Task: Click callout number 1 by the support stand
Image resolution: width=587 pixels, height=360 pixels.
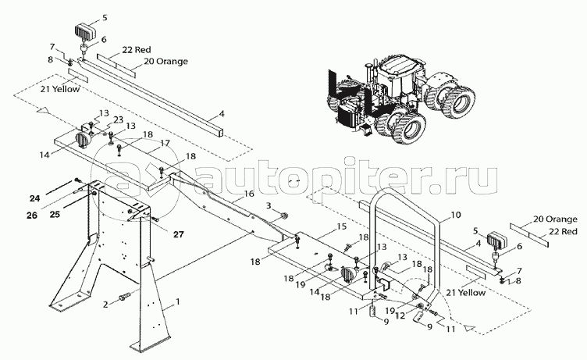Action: tap(179, 301)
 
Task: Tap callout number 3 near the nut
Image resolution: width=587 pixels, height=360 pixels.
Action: tap(269, 205)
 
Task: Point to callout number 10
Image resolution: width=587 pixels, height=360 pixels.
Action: tap(457, 212)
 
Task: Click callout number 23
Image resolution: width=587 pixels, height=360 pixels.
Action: tap(119, 119)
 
